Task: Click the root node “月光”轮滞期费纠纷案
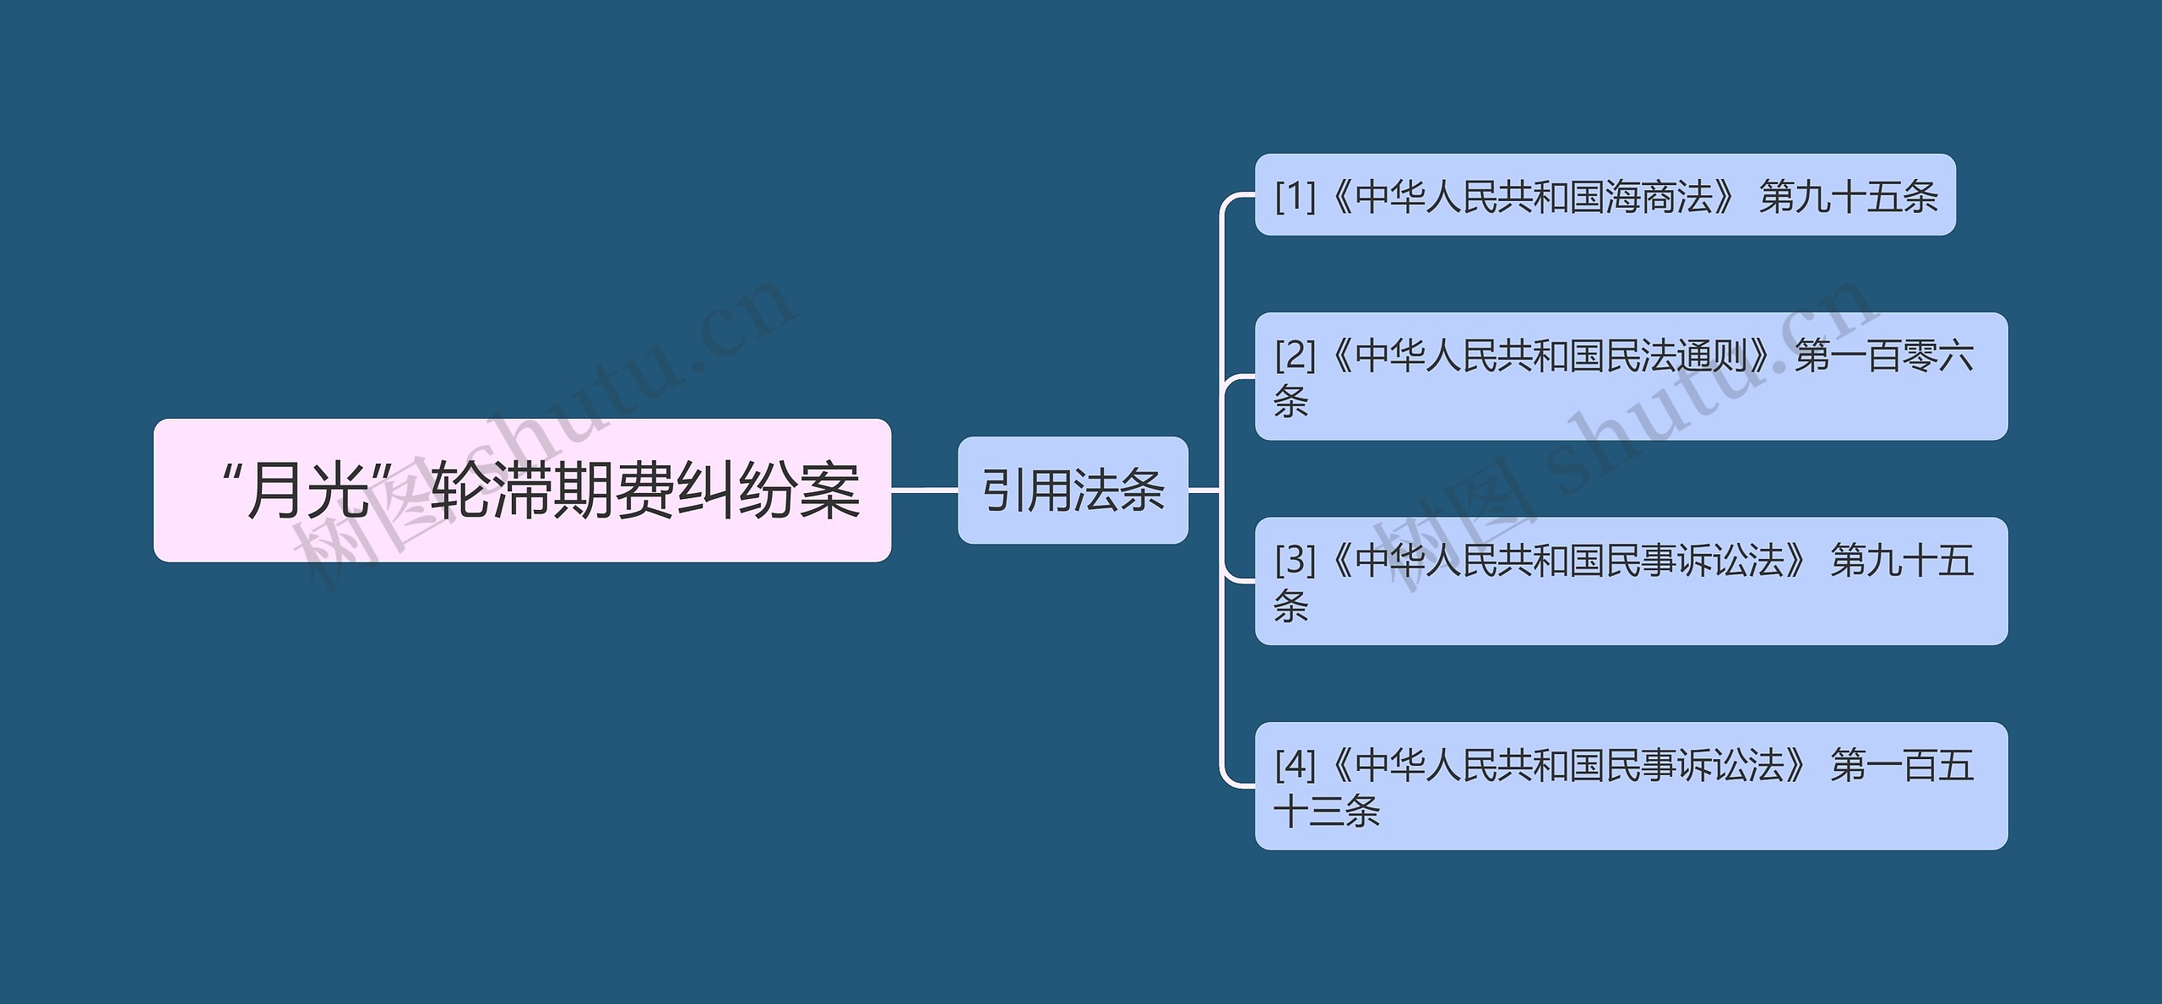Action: [522, 491]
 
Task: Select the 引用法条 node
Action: [1073, 491]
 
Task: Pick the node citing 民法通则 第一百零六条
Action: [1630, 377]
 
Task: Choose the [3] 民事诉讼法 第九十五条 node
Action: [1630, 581]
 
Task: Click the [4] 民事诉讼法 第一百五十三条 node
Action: [1630, 786]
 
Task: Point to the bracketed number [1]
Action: [1296, 197]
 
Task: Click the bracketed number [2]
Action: [1296, 355]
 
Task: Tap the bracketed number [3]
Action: [1296, 560]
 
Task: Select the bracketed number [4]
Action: [1296, 765]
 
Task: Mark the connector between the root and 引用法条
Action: [924, 490]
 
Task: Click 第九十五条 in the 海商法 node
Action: [1848, 197]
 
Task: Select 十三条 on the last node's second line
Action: [1327, 811]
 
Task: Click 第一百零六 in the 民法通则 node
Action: [1884, 355]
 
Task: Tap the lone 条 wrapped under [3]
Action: [1291, 606]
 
